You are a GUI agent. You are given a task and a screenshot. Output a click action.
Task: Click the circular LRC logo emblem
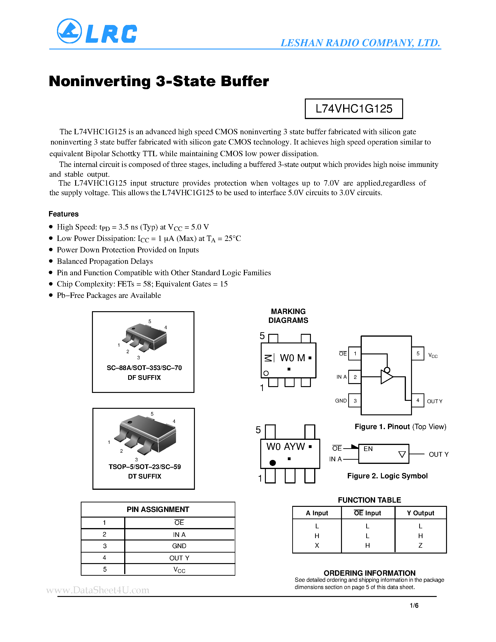[69, 31]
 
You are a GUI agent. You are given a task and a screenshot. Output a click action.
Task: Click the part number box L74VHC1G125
[354, 109]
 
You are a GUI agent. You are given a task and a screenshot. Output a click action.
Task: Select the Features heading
[63, 214]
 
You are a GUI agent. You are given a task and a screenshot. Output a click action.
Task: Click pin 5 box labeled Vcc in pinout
[418, 354]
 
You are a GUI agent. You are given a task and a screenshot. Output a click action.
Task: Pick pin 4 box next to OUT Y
[418, 400]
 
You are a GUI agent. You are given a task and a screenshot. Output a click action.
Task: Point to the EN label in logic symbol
[368, 449]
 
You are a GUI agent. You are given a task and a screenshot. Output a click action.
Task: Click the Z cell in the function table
[420, 546]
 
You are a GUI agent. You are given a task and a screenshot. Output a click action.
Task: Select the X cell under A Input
[317, 546]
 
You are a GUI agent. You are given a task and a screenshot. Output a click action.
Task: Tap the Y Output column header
[420, 513]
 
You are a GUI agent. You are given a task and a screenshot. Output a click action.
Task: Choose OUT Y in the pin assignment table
[179, 558]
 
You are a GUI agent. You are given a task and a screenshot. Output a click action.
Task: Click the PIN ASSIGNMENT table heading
[158, 510]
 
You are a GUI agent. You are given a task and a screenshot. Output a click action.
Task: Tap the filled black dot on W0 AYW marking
[273, 463]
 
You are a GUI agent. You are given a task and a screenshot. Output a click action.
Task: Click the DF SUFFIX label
[144, 378]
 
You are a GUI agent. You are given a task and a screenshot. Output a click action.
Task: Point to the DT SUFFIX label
[144, 476]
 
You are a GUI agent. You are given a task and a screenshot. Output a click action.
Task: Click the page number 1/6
[414, 606]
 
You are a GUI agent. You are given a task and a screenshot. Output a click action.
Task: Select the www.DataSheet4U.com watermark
[98, 590]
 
